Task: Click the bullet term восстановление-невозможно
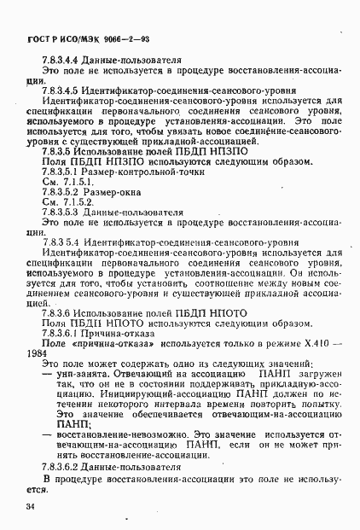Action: [x=112, y=434]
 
